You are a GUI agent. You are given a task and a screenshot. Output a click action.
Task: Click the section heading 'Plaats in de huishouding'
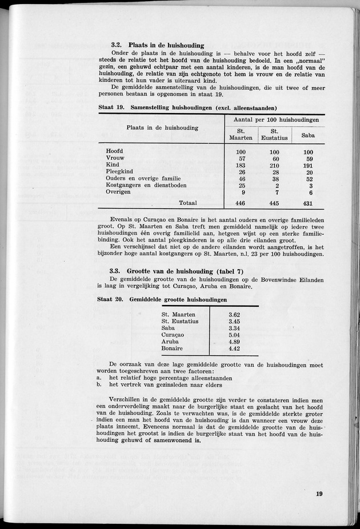coord(167,45)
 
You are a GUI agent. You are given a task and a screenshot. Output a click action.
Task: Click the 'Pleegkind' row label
coord(119,172)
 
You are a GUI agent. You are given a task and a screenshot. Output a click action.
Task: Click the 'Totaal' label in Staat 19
coord(188,203)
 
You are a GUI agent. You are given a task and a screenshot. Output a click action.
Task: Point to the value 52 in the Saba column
coord(309,179)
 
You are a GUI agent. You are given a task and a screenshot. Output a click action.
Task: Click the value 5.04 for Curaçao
coord(234,335)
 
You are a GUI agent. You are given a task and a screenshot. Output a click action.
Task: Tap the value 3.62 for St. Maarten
coord(234,315)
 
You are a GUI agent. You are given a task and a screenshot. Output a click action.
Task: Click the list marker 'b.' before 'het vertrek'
coord(99,384)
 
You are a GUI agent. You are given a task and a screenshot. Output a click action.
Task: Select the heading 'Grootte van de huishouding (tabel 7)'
coord(183,270)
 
